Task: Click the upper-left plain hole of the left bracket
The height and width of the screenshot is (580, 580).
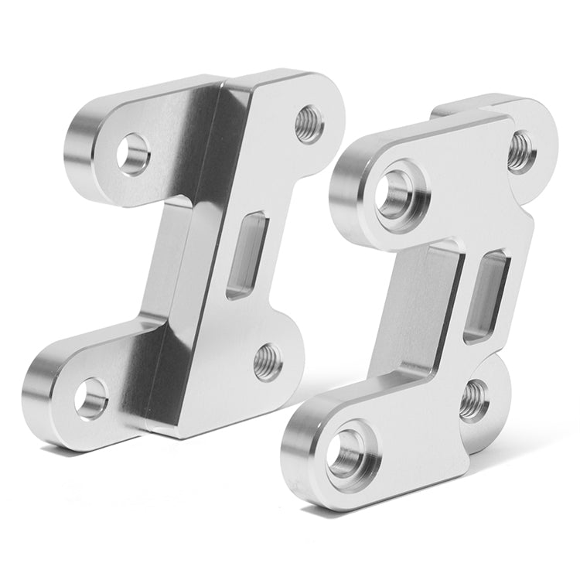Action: tap(134, 151)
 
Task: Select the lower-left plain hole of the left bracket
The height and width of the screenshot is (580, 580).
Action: tap(91, 397)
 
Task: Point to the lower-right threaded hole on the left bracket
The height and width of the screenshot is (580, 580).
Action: tap(267, 360)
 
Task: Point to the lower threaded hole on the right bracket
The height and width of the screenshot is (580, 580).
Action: tap(473, 400)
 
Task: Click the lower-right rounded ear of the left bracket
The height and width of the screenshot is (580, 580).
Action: tap(286, 352)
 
